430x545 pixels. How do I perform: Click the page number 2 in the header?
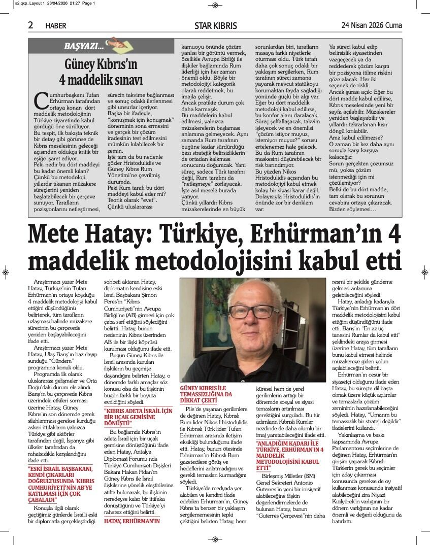31,25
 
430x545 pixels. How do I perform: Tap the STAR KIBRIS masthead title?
215,25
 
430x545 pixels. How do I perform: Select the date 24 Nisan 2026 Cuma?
372,25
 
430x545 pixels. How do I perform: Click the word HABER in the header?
56,26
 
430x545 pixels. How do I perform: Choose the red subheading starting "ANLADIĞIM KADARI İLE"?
290,453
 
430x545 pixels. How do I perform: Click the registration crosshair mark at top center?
215,5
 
